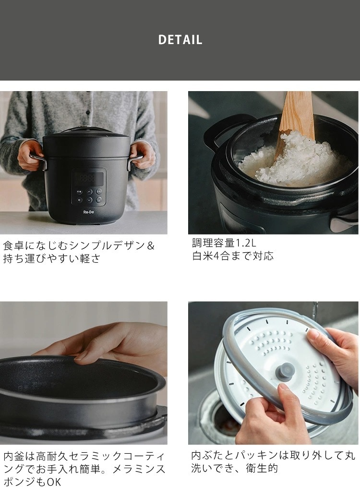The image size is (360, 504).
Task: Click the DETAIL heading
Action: tap(180, 40)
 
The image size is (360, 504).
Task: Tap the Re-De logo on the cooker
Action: tap(88, 212)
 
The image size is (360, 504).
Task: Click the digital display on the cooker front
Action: tap(88, 178)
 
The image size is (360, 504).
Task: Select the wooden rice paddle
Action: tap(295, 124)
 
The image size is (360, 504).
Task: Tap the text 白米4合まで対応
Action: tap(233, 256)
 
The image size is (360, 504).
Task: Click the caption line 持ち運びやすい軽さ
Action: tap(51, 258)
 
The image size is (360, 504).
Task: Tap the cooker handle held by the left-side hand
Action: tap(38, 160)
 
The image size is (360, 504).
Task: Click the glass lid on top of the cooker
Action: tap(86, 130)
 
